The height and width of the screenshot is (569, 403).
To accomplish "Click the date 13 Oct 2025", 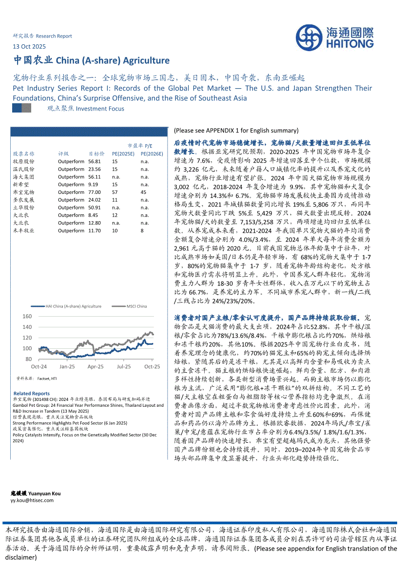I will click(29, 47).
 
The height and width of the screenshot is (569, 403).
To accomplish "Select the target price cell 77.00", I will click(95, 192).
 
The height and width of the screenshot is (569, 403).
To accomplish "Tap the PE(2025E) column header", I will click(123, 153).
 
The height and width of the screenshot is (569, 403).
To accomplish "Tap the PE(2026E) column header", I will click(152, 153).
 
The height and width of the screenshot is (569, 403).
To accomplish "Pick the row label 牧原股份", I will click(23, 161).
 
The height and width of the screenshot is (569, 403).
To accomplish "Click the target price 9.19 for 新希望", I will click(93, 185).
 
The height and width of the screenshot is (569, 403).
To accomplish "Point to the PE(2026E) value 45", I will click(143, 192).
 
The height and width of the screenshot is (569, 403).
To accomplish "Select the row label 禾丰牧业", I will click(23, 230).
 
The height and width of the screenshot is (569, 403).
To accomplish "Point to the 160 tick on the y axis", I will click(27, 317).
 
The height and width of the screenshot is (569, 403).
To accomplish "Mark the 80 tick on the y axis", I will click(29, 359).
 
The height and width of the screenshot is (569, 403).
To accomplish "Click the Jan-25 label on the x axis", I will click(67, 366).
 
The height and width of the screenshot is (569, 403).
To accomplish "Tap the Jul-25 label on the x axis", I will click(124, 366).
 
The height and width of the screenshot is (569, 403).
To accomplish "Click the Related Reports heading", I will click(31, 393).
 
